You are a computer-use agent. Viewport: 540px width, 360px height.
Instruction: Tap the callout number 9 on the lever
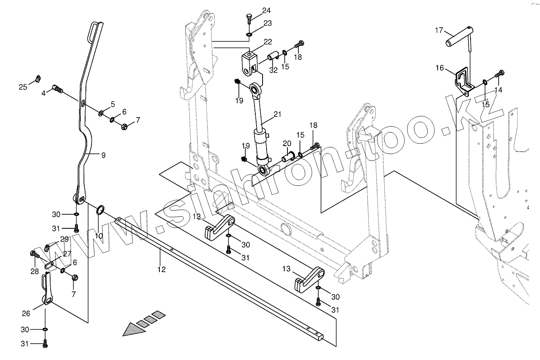point(103,155)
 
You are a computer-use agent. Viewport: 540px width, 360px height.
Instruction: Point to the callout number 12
point(161,269)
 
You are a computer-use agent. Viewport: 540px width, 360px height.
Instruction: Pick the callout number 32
point(273,69)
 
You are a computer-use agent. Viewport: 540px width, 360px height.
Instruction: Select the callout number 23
point(267,24)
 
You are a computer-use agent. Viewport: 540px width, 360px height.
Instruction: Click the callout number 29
point(64,239)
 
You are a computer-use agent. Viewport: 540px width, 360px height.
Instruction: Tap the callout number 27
point(67,254)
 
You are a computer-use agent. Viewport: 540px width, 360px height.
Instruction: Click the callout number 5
point(113,104)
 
